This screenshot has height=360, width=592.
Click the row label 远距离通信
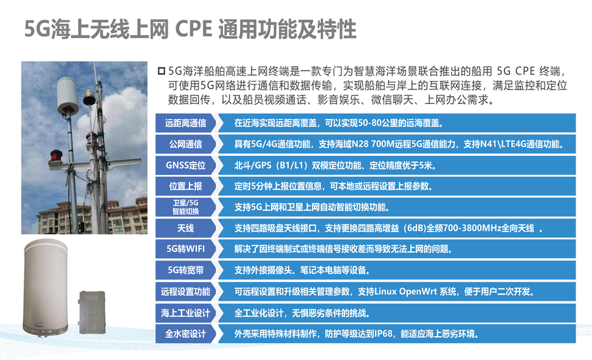[185, 123]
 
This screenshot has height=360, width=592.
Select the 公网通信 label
[185, 144]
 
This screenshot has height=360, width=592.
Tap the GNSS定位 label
[185, 165]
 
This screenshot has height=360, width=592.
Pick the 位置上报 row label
[185, 186]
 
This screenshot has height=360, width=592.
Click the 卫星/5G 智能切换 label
[185, 207]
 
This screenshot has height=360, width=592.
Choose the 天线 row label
[185, 228]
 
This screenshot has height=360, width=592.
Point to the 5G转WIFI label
[185, 249]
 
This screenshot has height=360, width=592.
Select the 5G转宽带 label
[185, 270]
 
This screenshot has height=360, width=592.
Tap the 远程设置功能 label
[185, 292]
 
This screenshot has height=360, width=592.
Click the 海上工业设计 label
[185, 313]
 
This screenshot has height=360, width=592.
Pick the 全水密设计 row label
[185, 334]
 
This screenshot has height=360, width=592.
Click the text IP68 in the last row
[383, 334]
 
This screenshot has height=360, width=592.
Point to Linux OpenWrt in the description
[405, 292]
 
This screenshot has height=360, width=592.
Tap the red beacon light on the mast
[57, 155]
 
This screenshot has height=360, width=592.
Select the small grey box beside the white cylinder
[91, 312]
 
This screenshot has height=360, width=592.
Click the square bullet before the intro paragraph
[161, 71]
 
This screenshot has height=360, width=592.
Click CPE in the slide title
[193, 29]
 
